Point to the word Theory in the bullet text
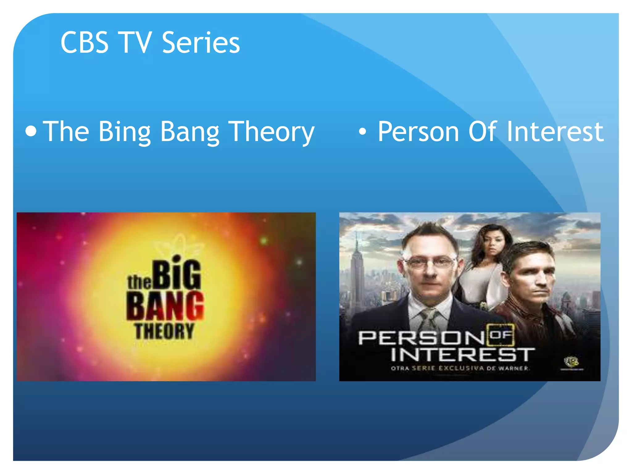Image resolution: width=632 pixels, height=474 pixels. click(x=271, y=132)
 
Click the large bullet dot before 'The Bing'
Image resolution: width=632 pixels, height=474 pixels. click(x=31, y=131)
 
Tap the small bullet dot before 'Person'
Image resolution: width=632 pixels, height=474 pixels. click(x=363, y=132)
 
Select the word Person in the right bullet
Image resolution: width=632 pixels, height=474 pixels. click(x=418, y=131)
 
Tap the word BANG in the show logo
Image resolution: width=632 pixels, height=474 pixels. click(x=165, y=306)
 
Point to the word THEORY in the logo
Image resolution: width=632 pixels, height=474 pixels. click(x=164, y=331)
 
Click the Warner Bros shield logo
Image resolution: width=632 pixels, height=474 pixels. click(x=571, y=361)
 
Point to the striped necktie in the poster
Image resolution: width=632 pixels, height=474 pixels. click(x=429, y=318)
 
